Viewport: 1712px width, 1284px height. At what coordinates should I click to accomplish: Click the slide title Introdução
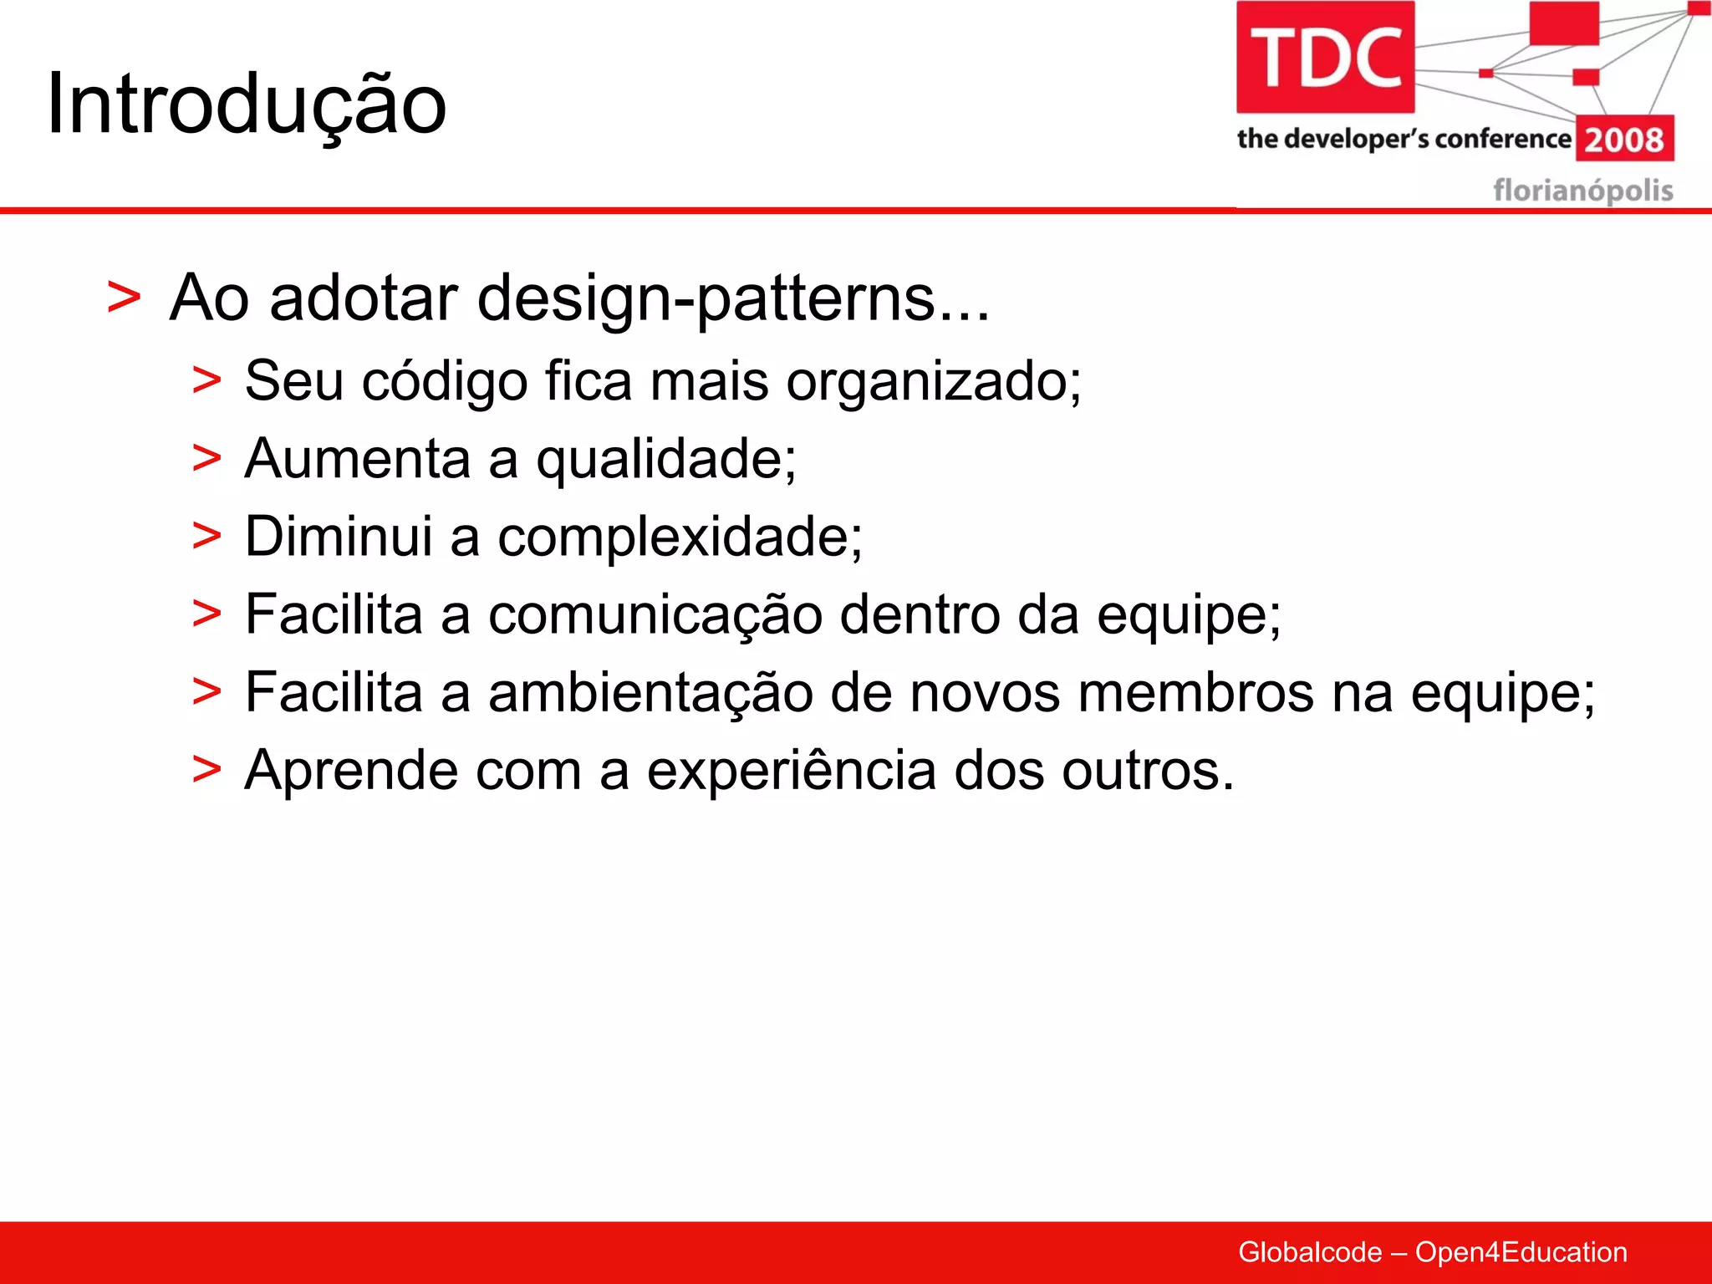[x=247, y=104]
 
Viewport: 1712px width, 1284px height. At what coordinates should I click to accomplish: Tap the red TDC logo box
[x=1325, y=57]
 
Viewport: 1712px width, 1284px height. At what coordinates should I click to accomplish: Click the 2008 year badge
[x=1624, y=139]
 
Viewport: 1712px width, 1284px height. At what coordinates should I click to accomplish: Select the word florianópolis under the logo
[x=1582, y=191]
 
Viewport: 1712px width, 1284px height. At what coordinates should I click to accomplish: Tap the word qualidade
[x=665, y=461]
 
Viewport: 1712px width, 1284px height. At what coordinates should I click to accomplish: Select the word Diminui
[x=338, y=536]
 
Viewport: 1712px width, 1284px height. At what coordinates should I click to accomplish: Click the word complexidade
[x=679, y=538]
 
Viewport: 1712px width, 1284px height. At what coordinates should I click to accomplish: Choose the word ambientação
[x=650, y=694]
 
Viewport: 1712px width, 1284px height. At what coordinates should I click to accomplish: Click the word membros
[x=1195, y=693]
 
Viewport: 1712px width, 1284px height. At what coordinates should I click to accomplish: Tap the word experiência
[x=791, y=771]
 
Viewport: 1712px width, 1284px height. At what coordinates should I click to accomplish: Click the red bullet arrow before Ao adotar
[x=124, y=298]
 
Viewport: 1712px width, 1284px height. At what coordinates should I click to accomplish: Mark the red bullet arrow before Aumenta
[x=206, y=459]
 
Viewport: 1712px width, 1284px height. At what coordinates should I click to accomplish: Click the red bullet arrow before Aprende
[x=206, y=770]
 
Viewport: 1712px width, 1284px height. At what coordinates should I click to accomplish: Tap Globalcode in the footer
[x=1309, y=1252]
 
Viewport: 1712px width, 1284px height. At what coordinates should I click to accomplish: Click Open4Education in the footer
[x=1521, y=1252]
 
